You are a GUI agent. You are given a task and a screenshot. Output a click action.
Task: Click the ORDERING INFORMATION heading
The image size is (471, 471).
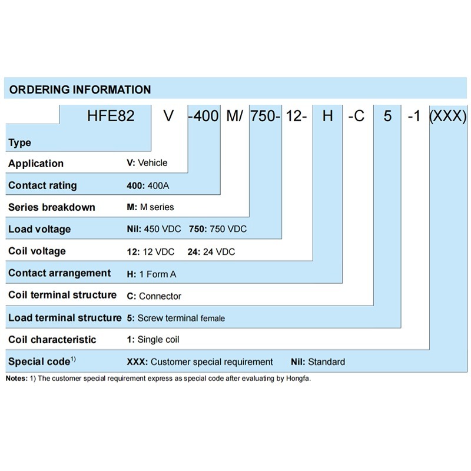click(x=80, y=89)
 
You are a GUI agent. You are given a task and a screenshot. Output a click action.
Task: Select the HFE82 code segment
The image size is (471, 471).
click(x=111, y=116)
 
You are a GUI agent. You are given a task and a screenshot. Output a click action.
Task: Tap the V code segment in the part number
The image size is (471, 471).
click(x=169, y=116)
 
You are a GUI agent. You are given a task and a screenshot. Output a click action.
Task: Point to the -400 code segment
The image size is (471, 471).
click(x=204, y=116)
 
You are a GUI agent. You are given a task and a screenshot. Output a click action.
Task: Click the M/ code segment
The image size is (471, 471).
click(x=234, y=116)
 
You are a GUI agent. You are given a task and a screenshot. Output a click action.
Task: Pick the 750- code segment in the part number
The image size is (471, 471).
click(x=266, y=116)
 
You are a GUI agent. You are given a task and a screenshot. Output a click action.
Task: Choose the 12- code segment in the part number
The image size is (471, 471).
click(x=296, y=116)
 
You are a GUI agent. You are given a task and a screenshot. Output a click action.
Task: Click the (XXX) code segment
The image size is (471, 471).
click(x=448, y=116)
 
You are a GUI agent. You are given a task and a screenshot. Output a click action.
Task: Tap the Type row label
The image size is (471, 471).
click(x=19, y=142)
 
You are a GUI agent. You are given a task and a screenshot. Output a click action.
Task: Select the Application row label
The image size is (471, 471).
click(x=36, y=164)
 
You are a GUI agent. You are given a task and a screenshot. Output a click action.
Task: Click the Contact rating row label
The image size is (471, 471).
click(x=42, y=185)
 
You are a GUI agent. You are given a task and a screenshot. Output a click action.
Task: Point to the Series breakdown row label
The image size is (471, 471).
click(x=52, y=207)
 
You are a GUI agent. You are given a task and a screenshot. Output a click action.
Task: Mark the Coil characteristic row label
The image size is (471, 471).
click(x=52, y=340)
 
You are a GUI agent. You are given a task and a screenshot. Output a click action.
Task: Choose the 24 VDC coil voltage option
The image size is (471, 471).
click(x=219, y=251)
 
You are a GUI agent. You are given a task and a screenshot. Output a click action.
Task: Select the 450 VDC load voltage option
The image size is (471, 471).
click(x=162, y=229)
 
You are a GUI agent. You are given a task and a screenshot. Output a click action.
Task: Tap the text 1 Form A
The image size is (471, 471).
click(x=158, y=274)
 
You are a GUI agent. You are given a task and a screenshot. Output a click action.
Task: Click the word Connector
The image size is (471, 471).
click(x=160, y=296)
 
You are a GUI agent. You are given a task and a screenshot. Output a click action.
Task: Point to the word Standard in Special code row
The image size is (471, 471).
click(x=327, y=361)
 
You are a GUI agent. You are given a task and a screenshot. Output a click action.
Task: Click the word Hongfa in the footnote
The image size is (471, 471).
click(x=298, y=379)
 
